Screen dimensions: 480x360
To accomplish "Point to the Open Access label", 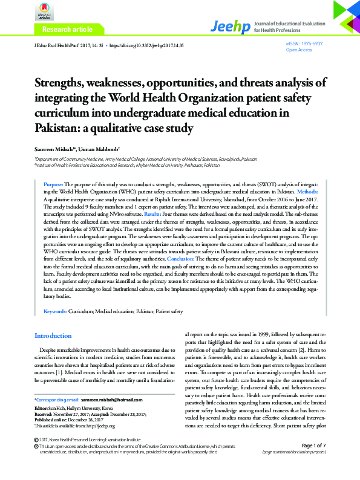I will tap(298, 50).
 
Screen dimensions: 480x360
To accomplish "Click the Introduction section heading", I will tap(53, 336).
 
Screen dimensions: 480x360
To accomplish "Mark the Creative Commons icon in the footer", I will tap(36, 462).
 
